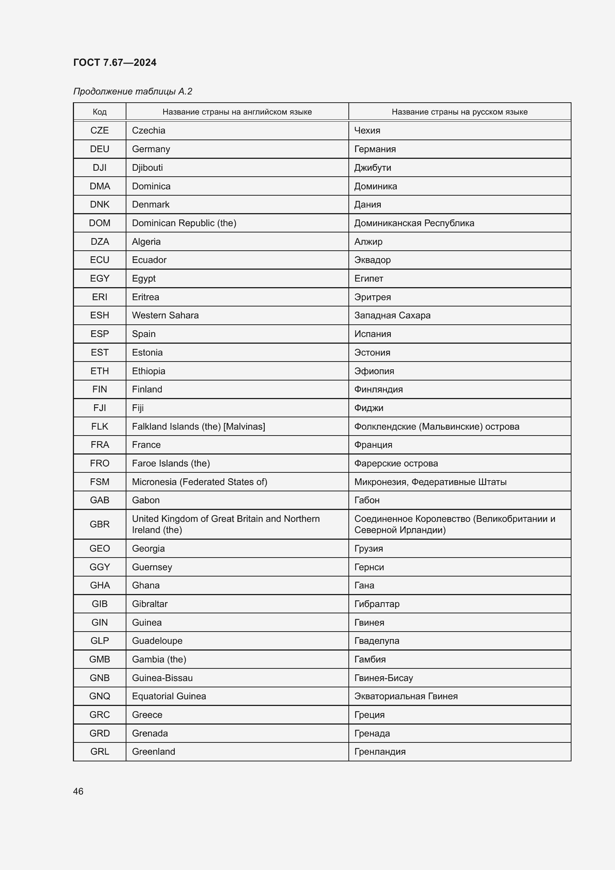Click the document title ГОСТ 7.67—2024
tap(115, 62)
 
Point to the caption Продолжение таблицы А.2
tap(132, 92)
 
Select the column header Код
tap(100, 112)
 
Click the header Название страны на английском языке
tap(237, 112)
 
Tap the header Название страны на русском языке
tap(459, 112)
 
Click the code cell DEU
tap(100, 149)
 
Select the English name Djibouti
tap(147, 167)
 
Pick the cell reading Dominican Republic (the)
tap(184, 223)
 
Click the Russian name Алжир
tap(368, 241)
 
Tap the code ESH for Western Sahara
tap(100, 315)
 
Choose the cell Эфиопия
tap(374, 371)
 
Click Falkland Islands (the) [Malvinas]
tap(199, 426)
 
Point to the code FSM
tap(100, 482)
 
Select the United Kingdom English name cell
tap(226, 524)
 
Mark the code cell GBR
tap(100, 524)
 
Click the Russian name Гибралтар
tap(377, 604)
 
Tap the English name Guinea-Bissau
tap(162, 678)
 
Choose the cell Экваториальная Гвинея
tap(406, 696)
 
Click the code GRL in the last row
tap(100, 751)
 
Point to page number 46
tap(78, 791)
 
